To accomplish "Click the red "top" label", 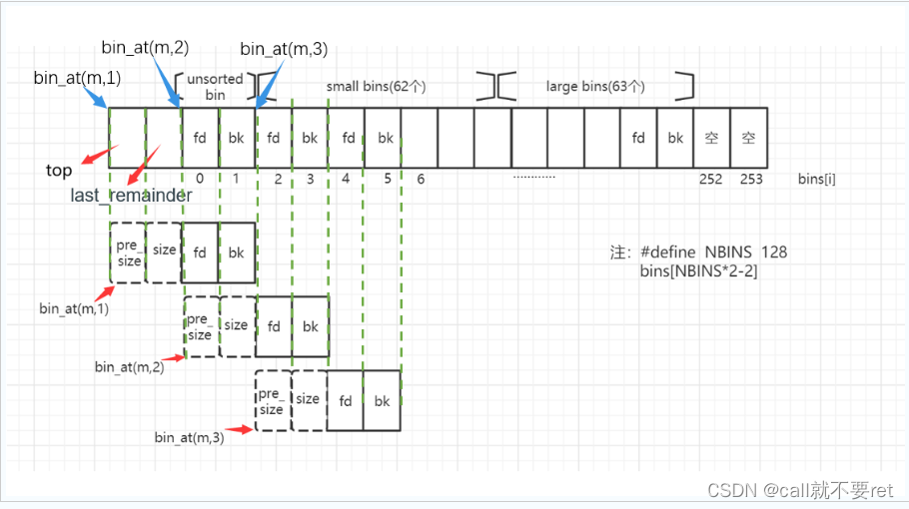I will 59,171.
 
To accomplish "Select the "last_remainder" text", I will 131,196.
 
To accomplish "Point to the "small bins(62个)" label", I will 377,87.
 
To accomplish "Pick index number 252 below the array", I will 711,180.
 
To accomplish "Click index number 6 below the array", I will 421,180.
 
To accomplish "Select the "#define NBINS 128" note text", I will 713,253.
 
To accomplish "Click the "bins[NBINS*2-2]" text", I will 699,270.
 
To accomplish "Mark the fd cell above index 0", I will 201,138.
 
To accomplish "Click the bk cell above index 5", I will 383,138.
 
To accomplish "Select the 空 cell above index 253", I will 748,138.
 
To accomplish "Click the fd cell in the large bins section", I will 638,138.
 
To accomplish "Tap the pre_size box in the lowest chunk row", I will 272,401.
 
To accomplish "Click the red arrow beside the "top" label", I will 95,155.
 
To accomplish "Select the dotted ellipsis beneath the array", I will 533,177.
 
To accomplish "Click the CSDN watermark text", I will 799,490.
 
